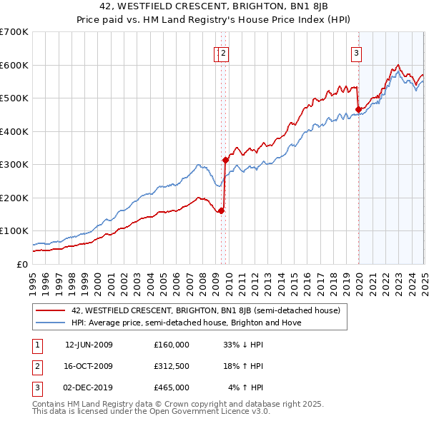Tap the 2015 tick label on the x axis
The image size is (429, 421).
tap(294, 278)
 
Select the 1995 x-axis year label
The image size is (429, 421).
tap(33, 278)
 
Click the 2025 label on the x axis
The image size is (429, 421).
tap(424, 278)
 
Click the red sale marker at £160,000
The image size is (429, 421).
tap(222, 210)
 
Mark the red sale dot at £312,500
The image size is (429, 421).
tap(225, 161)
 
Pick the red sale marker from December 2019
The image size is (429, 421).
tap(358, 110)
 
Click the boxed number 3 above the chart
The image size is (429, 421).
tap(356, 51)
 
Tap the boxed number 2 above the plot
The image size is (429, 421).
tap(224, 51)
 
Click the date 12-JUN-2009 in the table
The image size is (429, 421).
tap(89, 345)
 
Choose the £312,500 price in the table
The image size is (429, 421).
tap(172, 366)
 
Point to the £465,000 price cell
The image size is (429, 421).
tap(172, 387)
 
